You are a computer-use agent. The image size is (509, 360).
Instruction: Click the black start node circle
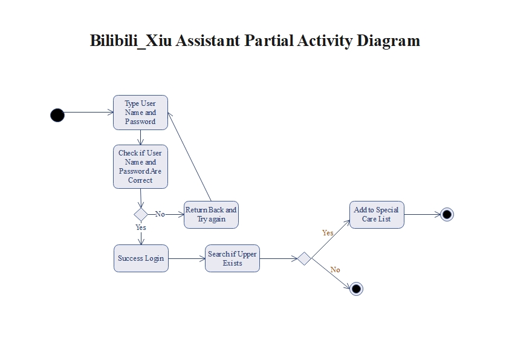[x=57, y=115]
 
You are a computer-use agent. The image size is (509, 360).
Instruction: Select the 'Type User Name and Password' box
[x=140, y=113]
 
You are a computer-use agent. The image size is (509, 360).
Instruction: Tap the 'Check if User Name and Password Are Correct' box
[x=140, y=166]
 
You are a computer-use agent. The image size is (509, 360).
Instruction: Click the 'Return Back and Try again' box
[x=211, y=214]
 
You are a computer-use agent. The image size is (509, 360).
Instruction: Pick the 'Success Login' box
[x=141, y=258]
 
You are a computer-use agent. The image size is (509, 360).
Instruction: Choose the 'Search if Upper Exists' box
[x=232, y=258]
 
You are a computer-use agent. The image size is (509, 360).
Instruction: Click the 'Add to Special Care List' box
[x=376, y=214]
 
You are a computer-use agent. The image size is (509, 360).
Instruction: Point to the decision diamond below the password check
[x=141, y=214]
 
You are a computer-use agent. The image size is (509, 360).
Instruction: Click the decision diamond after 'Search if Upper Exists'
[x=304, y=259]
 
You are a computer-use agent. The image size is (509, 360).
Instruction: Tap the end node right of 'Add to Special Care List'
[x=447, y=214]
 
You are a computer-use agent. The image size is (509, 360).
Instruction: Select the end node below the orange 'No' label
[x=356, y=289]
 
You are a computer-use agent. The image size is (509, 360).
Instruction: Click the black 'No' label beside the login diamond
[x=160, y=214]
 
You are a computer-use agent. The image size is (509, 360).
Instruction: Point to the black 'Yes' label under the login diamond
[x=141, y=228]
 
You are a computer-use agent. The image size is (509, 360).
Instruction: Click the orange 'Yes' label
[x=328, y=233]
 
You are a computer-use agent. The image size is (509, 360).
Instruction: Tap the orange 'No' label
[x=336, y=270]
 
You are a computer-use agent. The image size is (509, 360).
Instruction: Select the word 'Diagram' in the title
[x=387, y=41]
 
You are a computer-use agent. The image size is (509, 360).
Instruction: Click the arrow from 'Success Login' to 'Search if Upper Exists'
[x=187, y=259]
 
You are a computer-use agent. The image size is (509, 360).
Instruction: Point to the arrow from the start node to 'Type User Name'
[x=88, y=113]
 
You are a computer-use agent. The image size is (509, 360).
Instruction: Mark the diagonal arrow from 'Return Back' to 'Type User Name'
[x=189, y=157]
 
